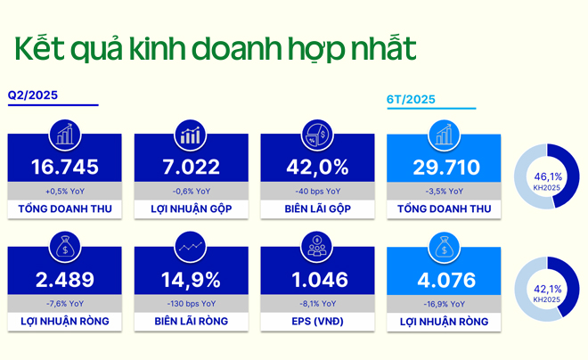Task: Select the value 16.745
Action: (x=64, y=168)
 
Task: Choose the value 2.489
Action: (x=64, y=279)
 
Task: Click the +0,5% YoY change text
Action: (x=64, y=191)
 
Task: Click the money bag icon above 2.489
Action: (x=64, y=246)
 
